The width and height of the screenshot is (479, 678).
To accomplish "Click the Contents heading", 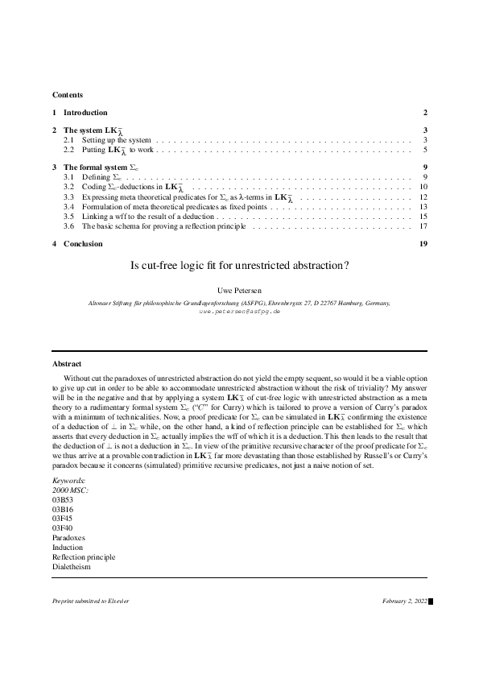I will (x=67, y=95).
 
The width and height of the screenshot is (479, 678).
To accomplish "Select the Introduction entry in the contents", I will (x=85, y=113).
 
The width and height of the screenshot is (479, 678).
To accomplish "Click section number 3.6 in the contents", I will (x=69, y=225).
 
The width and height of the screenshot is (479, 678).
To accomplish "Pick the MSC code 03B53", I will (x=63, y=499).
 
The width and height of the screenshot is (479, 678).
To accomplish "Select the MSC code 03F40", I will (x=63, y=527).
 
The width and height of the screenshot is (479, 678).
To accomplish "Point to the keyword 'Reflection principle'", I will (x=84, y=556).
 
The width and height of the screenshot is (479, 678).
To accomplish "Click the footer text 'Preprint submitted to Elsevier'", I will (x=90, y=602).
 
